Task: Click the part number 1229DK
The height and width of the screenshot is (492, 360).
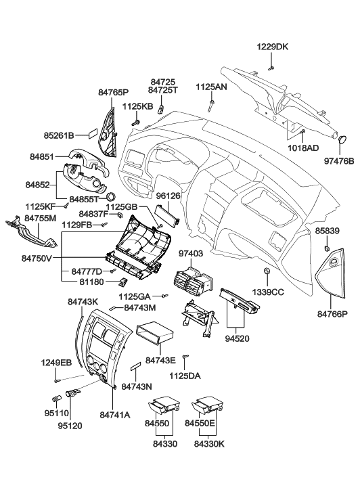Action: point(271,47)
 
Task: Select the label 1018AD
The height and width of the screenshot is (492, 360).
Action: point(303,148)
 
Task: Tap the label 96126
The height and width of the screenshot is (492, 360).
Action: point(167,196)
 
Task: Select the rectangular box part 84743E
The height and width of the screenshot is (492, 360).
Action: point(156,334)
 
